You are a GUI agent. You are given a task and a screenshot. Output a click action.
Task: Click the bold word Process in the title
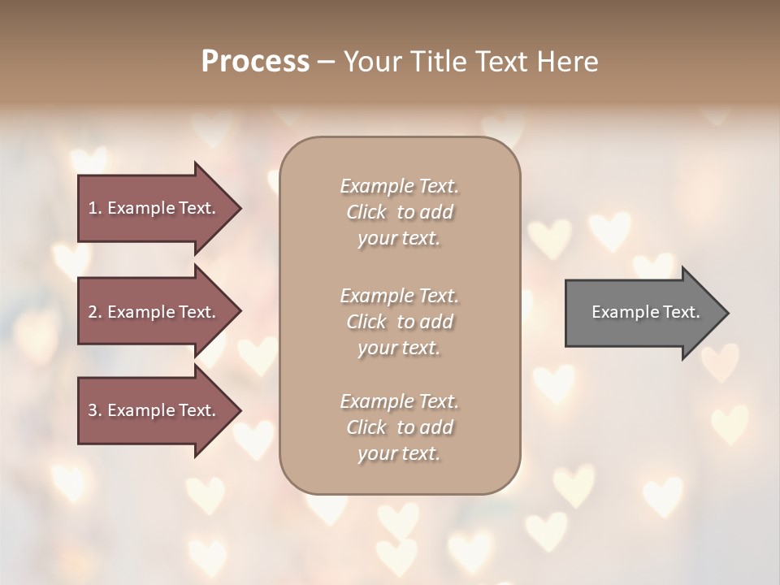coord(255,62)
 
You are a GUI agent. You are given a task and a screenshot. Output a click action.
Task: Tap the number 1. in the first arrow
coord(95,208)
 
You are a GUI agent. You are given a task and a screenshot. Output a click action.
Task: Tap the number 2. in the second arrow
coord(95,312)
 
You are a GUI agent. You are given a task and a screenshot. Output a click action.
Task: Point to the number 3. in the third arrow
coord(95,410)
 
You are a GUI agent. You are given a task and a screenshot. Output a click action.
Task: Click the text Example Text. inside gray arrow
coord(646,312)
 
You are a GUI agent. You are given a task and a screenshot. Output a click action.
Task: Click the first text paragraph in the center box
coord(400,212)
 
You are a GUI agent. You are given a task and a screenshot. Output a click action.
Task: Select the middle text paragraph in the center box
coord(400,322)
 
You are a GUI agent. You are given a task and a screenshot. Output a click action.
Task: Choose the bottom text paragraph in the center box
coord(400,427)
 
